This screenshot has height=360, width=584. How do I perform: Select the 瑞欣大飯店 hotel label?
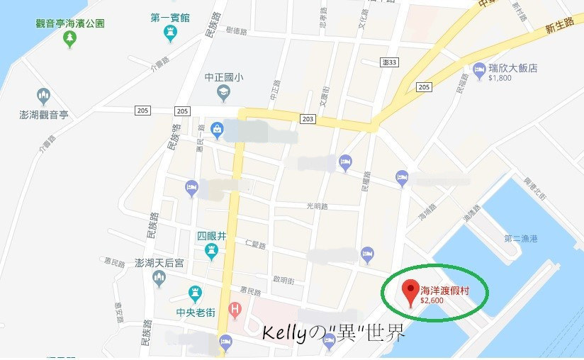pyautogui.click(x=513, y=69)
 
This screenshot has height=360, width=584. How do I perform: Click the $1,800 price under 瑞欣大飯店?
pyautogui.click(x=500, y=79)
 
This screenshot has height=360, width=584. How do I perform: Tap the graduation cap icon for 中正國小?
pyautogui.click(x=223, y=92)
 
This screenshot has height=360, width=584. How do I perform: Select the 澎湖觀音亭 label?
pyautogui.click(x=43, y=113)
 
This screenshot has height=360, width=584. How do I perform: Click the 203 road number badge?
pyautogui.click(x=307, y=119)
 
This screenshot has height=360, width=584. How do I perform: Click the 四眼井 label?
pyautogui.click(x=211, y=236)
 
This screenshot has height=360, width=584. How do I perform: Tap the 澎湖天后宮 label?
pyautogui.click(x=159, y=263)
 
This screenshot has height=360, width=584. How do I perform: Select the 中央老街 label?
pyautogui.click(x=195, y=310)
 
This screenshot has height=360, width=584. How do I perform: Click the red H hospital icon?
pyautogui.click(x=235, y=310)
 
